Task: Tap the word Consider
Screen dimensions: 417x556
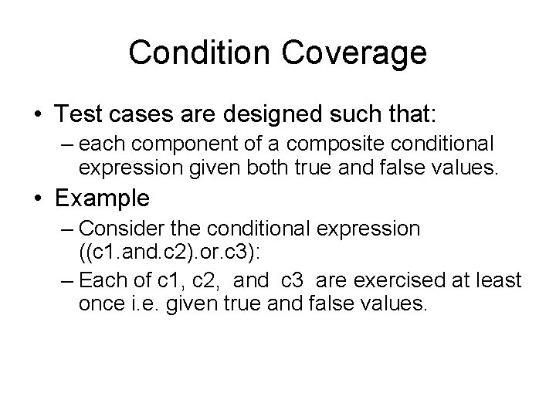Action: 117,229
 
